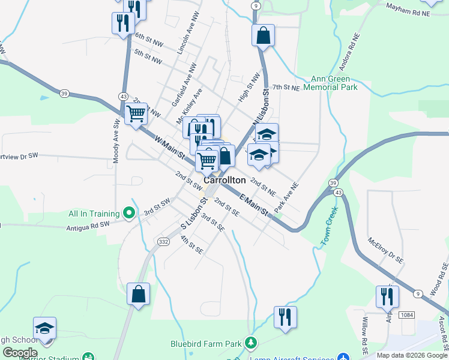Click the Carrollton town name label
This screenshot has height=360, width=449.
[224, 180]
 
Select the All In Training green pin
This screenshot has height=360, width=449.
[128, 212]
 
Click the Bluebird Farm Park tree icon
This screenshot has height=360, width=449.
[251, 344]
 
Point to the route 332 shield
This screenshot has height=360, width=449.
[163, 241]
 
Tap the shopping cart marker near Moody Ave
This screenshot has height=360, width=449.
[136, 113]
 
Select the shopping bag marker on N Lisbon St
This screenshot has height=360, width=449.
[263, 35]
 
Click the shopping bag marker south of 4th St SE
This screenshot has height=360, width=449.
[139, 295]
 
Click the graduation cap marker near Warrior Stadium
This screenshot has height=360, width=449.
[44, 328]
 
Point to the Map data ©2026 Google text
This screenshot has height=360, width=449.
[411, 355]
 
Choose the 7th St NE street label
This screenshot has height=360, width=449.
[285, 88]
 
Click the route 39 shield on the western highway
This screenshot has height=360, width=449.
[64, 93]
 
